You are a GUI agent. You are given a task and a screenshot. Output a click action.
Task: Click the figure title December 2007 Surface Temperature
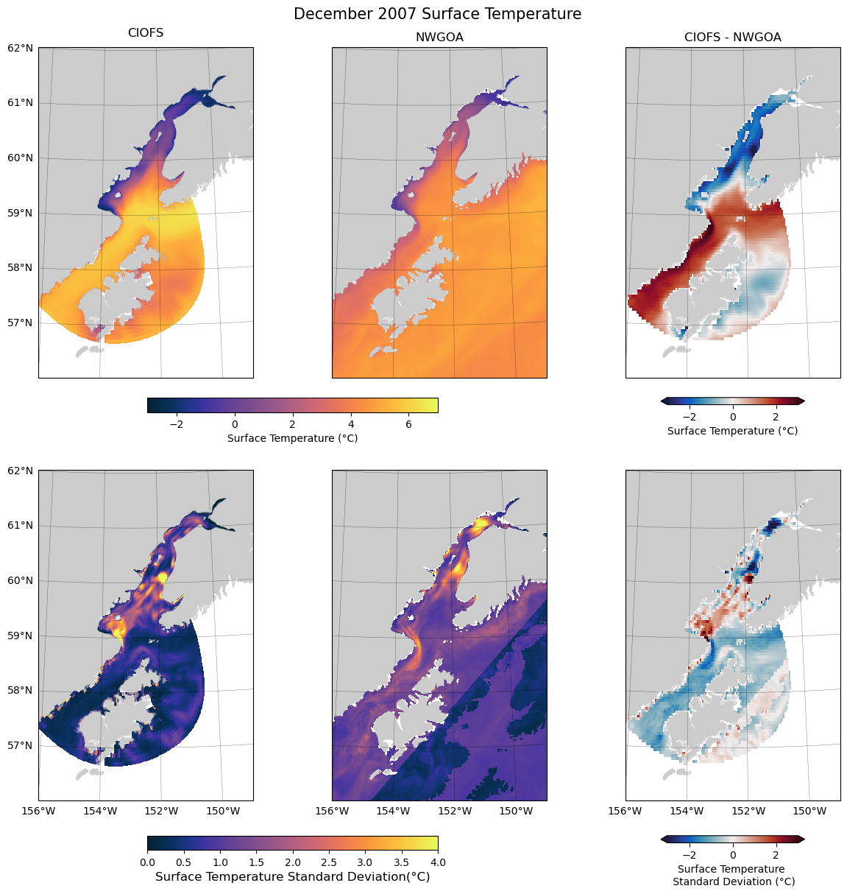coord(437,14)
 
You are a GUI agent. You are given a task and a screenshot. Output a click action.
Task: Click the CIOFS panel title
coord(146,33)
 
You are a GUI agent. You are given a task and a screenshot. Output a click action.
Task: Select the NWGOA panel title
coord(439,38)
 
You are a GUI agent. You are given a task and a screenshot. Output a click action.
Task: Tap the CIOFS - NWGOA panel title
coord(732,38)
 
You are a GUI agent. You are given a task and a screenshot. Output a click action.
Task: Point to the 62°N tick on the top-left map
coord(20,48)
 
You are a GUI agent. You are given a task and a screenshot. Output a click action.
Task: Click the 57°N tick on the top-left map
coord(20,323)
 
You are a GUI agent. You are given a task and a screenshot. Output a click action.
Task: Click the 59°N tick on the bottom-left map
coord(20,636)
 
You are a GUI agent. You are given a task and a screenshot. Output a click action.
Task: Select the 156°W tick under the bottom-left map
coord(38,811)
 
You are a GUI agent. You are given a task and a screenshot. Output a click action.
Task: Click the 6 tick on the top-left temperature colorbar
coord(409,424)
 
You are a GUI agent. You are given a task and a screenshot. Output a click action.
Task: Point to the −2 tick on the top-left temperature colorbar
coord(176,424)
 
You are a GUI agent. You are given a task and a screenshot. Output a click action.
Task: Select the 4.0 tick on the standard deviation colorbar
coord(438,862)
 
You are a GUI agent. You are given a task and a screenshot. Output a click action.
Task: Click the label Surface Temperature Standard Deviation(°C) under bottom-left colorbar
coord(292,876)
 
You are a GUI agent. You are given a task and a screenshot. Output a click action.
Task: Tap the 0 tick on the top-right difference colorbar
coord(733,417)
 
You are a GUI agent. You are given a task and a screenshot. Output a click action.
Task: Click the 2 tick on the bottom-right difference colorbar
coord(776,855)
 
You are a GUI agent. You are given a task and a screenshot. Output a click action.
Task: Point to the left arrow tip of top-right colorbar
coord(662,401)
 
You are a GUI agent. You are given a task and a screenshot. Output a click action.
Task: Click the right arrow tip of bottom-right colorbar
coord(804,839)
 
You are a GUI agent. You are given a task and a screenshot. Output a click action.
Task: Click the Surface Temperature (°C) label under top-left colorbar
coord(292,438)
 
